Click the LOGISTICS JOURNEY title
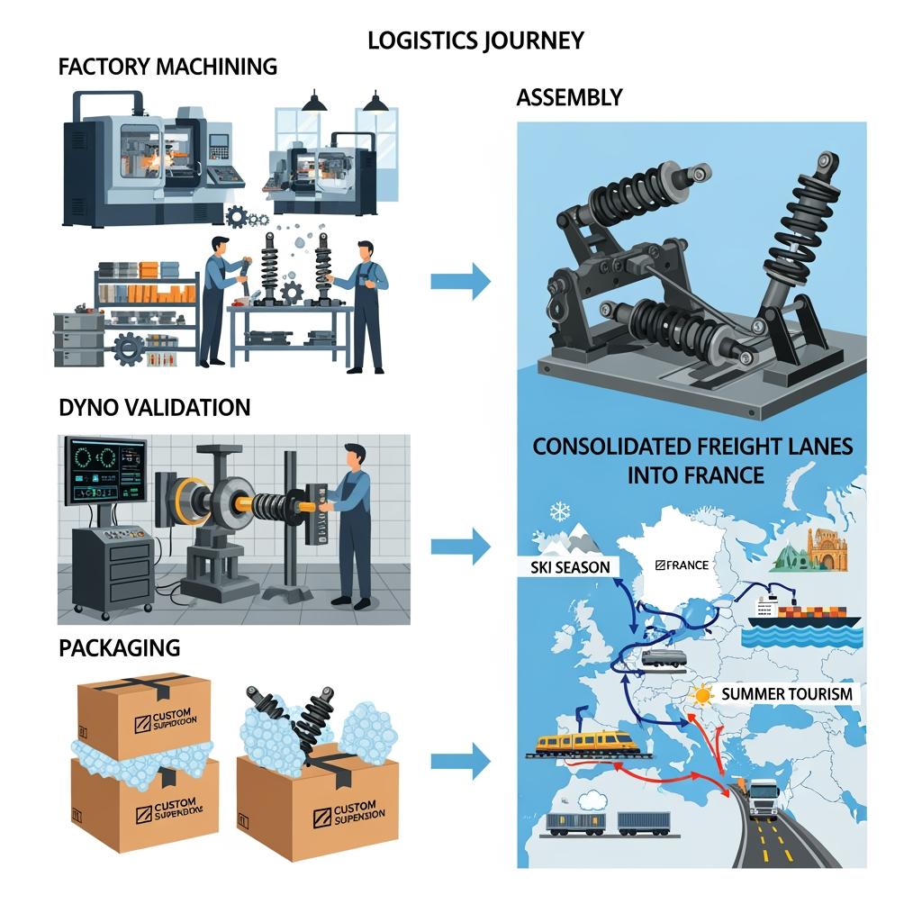pos(475,41)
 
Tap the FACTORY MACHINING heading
pos(167,67)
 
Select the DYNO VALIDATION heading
pos(154,406)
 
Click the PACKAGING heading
pos(119,646)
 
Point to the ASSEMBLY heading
pos(569,97)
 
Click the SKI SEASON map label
pos(564,566)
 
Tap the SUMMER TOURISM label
pos(787,694)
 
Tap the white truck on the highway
pos(763,797)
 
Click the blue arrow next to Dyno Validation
pos(460,545)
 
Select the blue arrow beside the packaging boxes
pos(460,762)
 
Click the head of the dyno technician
pos(355,455)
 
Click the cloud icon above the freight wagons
pos(594,799)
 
